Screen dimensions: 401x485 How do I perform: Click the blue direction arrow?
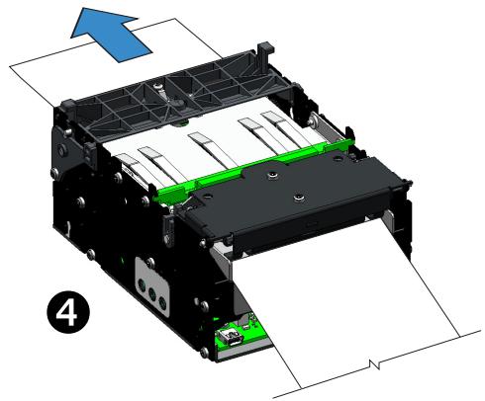(111, 26)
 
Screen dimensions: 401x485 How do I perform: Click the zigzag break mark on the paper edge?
(374, 366)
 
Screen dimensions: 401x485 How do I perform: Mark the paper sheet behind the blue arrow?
(59, 69)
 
